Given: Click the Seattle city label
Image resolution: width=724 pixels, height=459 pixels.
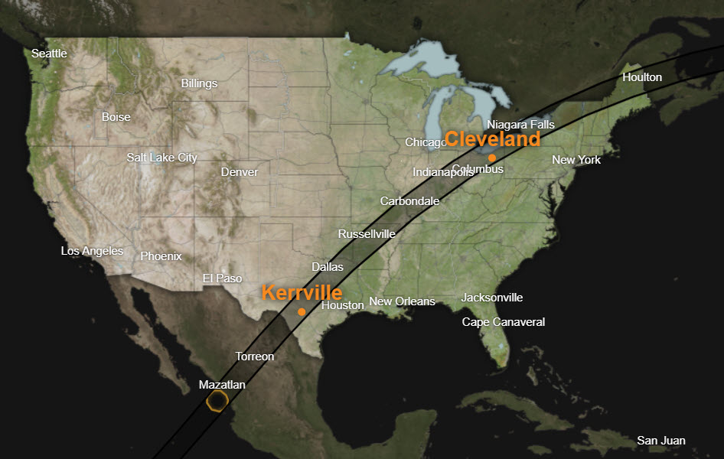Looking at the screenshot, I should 49,54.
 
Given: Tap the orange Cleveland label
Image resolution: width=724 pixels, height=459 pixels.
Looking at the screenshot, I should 492,139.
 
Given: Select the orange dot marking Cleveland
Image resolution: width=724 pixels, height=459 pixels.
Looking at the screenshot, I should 492,157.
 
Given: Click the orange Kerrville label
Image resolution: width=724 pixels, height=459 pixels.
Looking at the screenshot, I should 302,292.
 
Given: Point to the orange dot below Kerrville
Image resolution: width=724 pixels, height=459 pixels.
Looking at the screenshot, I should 302,311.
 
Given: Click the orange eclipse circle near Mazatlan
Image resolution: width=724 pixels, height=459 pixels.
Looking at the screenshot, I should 218,400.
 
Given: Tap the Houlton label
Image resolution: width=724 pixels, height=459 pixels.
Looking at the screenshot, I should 642,77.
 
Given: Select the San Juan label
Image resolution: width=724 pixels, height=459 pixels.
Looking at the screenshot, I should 661,441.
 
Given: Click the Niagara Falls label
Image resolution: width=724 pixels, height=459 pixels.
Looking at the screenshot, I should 520,124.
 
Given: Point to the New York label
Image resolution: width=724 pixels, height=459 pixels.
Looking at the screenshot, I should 576,160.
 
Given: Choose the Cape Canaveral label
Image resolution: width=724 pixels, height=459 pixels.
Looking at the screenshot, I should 503,322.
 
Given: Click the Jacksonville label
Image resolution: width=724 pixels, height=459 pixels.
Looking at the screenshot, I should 492,298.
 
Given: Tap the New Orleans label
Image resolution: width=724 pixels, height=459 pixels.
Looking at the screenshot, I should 402,301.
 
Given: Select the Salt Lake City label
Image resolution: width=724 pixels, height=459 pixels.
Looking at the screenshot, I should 161,158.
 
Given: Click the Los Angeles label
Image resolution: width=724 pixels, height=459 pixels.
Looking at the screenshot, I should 92,251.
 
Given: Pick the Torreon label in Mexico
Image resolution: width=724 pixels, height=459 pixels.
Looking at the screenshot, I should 254,356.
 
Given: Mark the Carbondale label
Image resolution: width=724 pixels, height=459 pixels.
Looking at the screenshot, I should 409,201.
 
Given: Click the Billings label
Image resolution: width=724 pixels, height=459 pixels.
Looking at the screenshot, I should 199,83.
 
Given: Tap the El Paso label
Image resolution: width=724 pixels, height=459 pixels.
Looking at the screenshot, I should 222,278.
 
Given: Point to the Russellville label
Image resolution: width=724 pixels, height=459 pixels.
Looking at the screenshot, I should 367,234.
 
